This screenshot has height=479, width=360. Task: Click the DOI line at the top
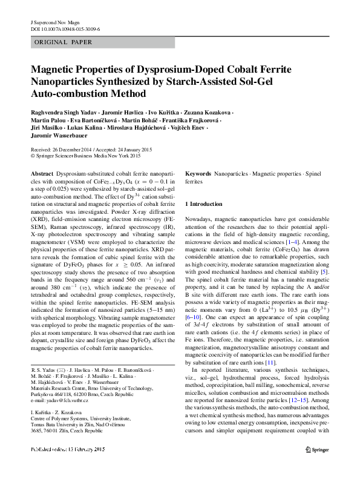point(65,28)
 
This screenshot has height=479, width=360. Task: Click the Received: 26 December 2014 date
point(60,149)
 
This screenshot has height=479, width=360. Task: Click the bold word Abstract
point(42,174)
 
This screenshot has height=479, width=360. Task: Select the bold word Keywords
point(198,174)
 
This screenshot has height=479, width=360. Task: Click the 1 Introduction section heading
point(204,204)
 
